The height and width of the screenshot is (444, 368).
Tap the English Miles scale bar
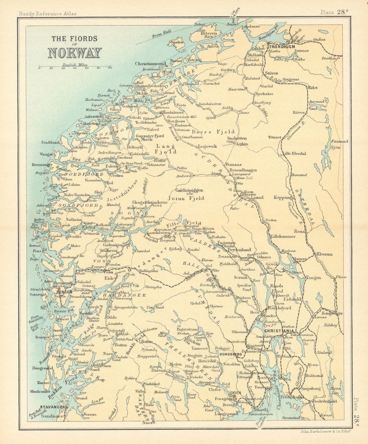[75, 67]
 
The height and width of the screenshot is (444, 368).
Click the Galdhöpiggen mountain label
[189, 190]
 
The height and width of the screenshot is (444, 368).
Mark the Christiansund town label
[150, 64]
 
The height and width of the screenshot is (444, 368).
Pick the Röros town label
[298, 113]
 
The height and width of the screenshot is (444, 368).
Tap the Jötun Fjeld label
[186, 198]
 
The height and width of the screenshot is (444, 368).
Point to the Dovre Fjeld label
[213, 132]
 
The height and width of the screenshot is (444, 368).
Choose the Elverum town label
[325, 254]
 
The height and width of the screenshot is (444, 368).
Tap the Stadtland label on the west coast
[50, 142]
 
